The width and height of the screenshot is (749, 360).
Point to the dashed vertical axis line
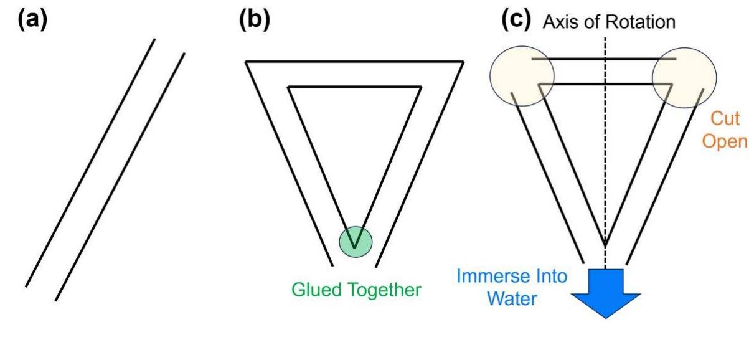[603, 156]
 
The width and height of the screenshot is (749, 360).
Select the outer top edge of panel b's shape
[354, 61]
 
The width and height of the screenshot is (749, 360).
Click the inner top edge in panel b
[354, 88]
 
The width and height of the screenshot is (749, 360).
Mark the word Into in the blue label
[551, 276]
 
